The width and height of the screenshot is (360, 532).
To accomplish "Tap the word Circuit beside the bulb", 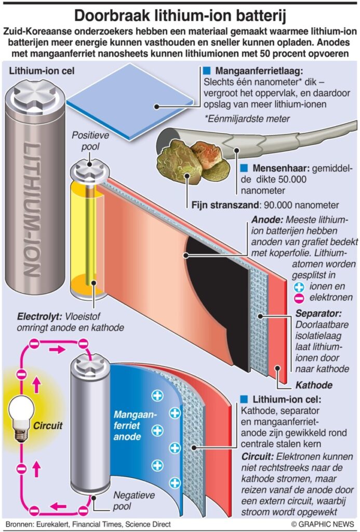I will pos(48,426).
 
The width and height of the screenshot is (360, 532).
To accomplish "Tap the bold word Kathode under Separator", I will pos(313,385).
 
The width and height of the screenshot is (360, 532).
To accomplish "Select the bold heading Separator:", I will pos(318,314).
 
